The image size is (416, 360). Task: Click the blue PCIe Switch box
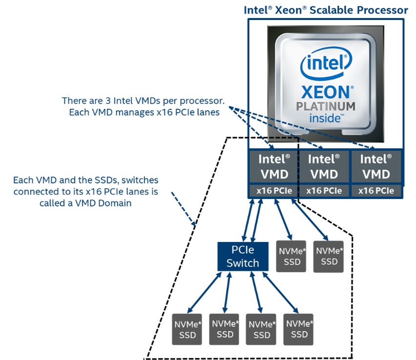pyautogui.click(x=243, y=257)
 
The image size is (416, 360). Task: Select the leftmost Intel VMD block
pyautogui.click(x=274, y=167)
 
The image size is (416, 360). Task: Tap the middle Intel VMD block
pyautogui.click(x=324, y=167)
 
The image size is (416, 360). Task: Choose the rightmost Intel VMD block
pyautogui.click(x=376, y=167)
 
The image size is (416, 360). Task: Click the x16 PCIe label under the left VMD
pyautogui.click(x=274, y=191)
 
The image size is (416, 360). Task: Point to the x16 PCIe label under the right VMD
pyautogui.click(x=376, y=191)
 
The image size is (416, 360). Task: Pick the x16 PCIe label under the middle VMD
pyautogui.click(x=324, y=191)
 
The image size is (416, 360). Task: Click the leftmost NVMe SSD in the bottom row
pyautogui.click(x=187, y=329)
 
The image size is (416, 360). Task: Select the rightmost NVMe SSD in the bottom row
pyautogui.click(x=299, y=329)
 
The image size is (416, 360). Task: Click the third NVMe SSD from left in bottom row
pyautogui.click(x=262, y=329)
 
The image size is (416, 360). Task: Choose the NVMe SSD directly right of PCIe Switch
pyautogui.click(x=291, y=257)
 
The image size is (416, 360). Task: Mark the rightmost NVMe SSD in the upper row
pyautogui.click(x=329, y=257)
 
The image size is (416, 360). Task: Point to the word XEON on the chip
pyautogui.click(x=326, y=93)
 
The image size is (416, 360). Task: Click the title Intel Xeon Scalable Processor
pyautogui.click(x=326, y=10)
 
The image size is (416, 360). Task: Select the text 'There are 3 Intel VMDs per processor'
pyautogui.click(x=143, y=101)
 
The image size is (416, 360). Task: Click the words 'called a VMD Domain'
pyautogui.click(x=85, y=203)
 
